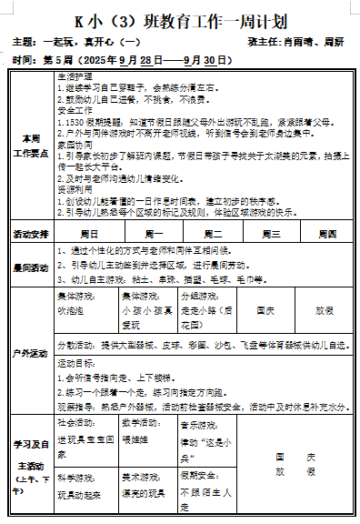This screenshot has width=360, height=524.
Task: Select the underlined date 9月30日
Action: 222,60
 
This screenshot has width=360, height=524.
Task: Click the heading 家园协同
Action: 73,144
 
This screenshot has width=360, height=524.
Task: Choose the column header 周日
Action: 90,234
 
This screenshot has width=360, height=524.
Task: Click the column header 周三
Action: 270,234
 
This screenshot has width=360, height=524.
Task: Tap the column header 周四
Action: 325,234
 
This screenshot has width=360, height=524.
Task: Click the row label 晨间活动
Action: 30,267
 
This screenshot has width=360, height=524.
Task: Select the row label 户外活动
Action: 30,352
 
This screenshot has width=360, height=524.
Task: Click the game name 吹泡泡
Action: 71,310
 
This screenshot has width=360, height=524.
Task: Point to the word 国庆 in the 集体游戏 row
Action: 265,310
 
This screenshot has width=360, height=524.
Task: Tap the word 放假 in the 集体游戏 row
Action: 324,310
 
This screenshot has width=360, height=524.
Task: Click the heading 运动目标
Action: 76,362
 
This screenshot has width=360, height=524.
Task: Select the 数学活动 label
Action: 140,423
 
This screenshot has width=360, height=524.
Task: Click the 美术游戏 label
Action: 140,475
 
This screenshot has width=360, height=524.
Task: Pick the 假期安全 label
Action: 198,475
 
